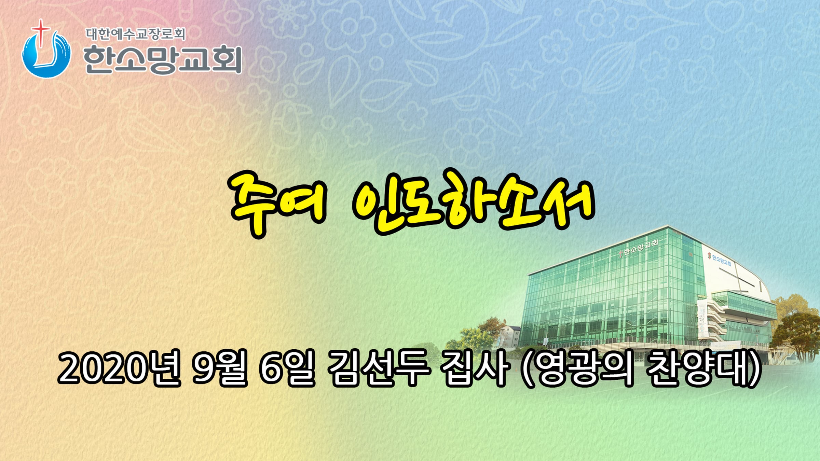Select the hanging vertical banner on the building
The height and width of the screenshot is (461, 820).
tap(703, 319)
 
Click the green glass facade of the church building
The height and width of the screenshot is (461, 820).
tap(612, 294)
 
